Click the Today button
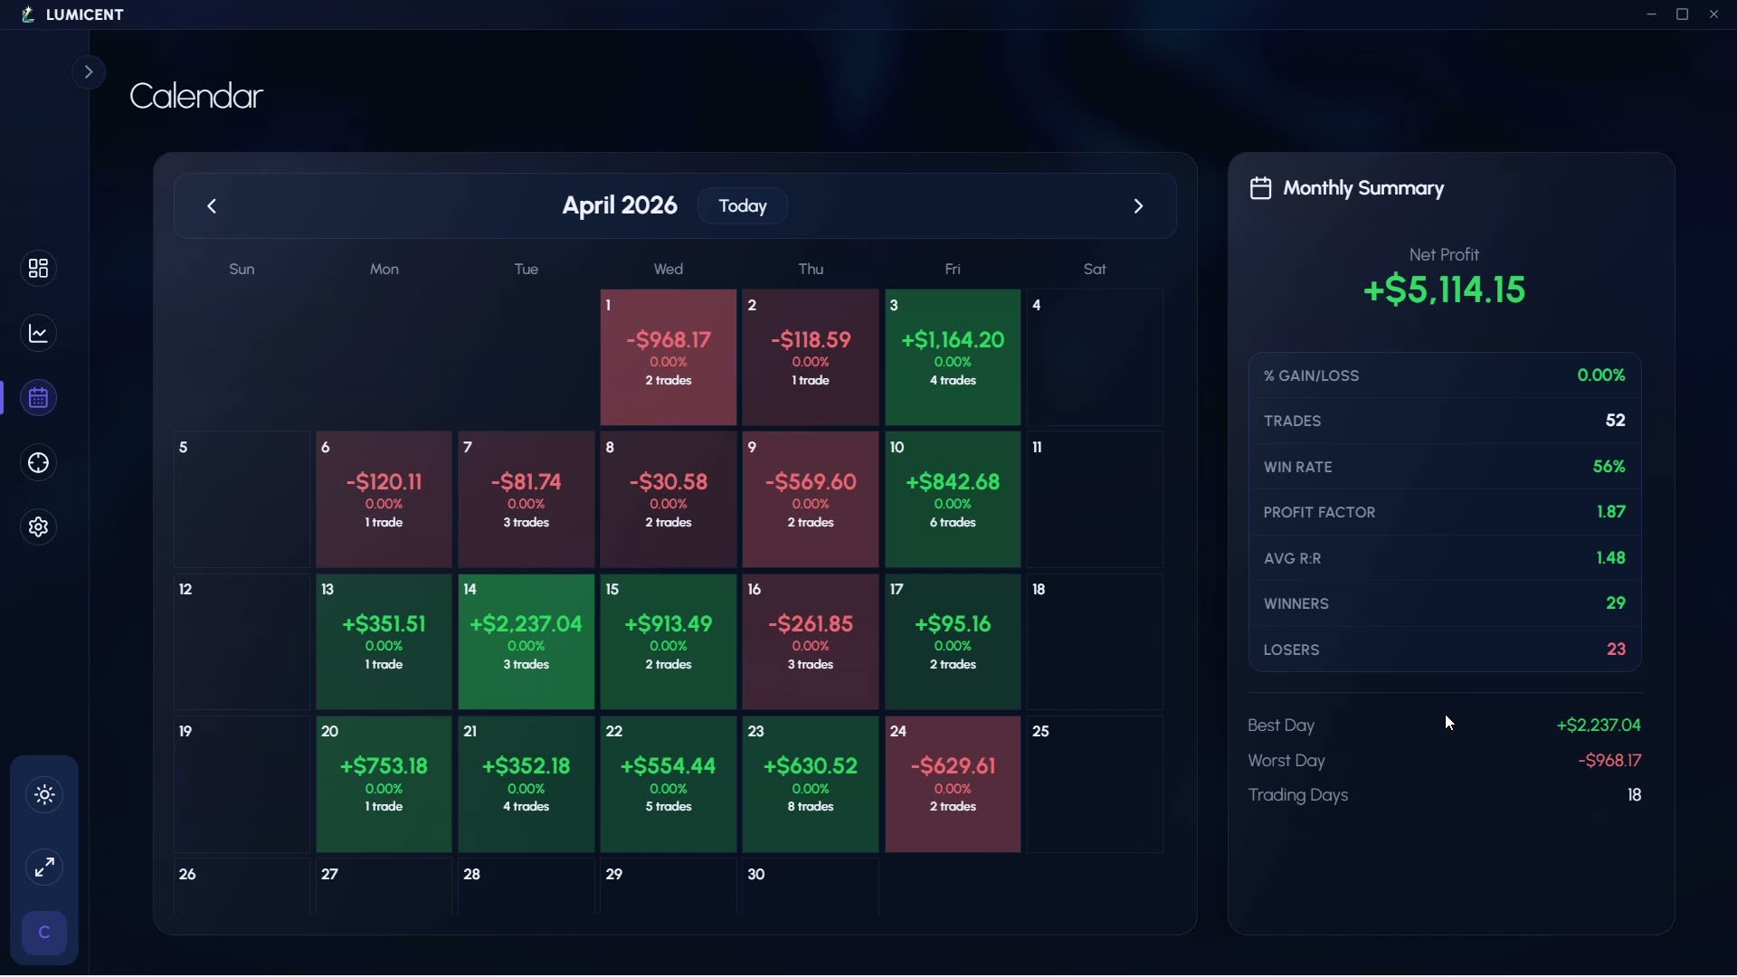[x=742, y=206]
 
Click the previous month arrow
[x=212, y=206]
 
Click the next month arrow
[x=1138, y=206]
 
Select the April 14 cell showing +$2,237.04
[x=527, y=641]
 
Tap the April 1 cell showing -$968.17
[x=669, y=357]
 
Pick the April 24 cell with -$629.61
[x=953, y=783]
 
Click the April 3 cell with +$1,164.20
[x=953, y=357]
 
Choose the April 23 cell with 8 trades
[x=811, y=783]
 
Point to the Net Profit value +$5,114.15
[x=1444, y=289]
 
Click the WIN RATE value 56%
[x=1609, y=467]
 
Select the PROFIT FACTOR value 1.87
[x=1611, y=512]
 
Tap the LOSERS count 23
[x=1616, y=650]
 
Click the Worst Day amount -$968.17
[x=1609, y=761]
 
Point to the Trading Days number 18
[x=1634, y=795]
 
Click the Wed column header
[x=669, y=269]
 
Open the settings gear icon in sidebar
[x=38, y=527]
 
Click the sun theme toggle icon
[x=44, y=795]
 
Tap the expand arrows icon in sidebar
[x=44, y=868]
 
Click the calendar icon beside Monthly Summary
[x=1260, y=188]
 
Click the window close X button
[x=1713, y=14]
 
